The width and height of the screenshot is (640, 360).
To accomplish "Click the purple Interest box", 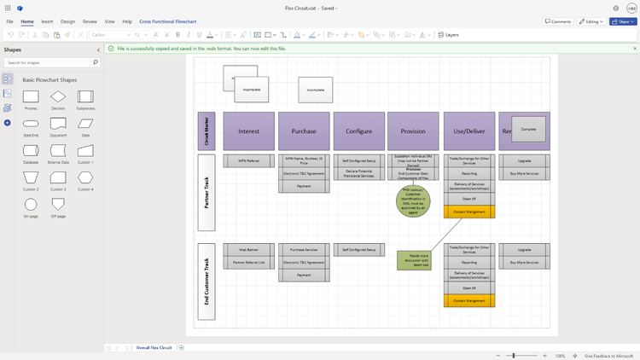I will [248, 131].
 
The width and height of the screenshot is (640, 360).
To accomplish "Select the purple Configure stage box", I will [358, 131].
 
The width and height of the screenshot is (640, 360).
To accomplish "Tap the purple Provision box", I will [413, 131].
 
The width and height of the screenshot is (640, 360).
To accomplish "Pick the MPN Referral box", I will [248, 160].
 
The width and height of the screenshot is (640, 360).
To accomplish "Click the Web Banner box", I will [248, 250].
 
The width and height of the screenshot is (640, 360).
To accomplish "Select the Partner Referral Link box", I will [248, 262].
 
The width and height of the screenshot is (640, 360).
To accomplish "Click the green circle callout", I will [413, 202].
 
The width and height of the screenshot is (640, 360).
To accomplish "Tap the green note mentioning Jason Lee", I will [414, 260].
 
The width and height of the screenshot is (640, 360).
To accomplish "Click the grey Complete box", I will [528, 129].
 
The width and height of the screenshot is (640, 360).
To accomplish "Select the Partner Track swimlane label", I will [207, 192].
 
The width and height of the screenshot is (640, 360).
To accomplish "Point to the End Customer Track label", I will [207, 282].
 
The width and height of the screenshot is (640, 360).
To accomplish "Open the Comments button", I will [559, 21].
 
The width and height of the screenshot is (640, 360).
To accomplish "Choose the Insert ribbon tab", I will [47, 21].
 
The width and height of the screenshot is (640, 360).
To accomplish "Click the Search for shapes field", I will [51, 62].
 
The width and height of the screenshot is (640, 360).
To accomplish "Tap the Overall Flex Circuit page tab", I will [154, 348].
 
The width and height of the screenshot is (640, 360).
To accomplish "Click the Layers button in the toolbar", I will [449, 35].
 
